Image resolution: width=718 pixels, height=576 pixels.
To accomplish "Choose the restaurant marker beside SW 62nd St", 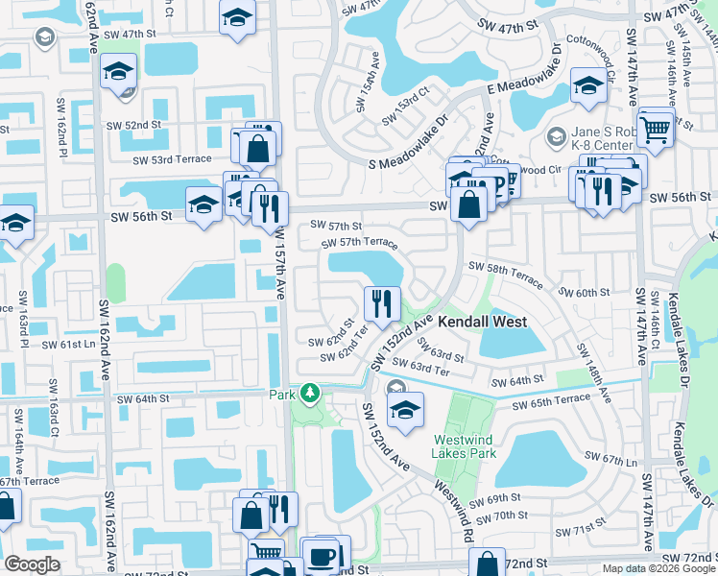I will [382, 304].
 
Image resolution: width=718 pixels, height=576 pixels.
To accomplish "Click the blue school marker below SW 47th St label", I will [120, 73].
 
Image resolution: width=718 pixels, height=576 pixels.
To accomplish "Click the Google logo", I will [33, 564].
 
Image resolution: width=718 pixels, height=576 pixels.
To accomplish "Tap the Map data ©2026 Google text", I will [658, 568].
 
